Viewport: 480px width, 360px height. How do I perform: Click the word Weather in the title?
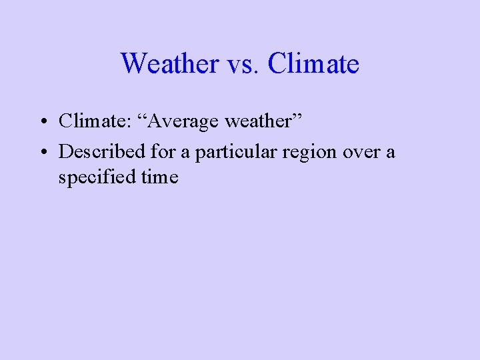coord(169,64)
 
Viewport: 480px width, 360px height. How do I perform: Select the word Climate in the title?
coord(313,64)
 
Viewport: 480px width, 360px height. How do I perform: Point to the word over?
coord(361,152)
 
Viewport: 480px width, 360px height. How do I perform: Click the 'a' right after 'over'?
coord(390,153)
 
